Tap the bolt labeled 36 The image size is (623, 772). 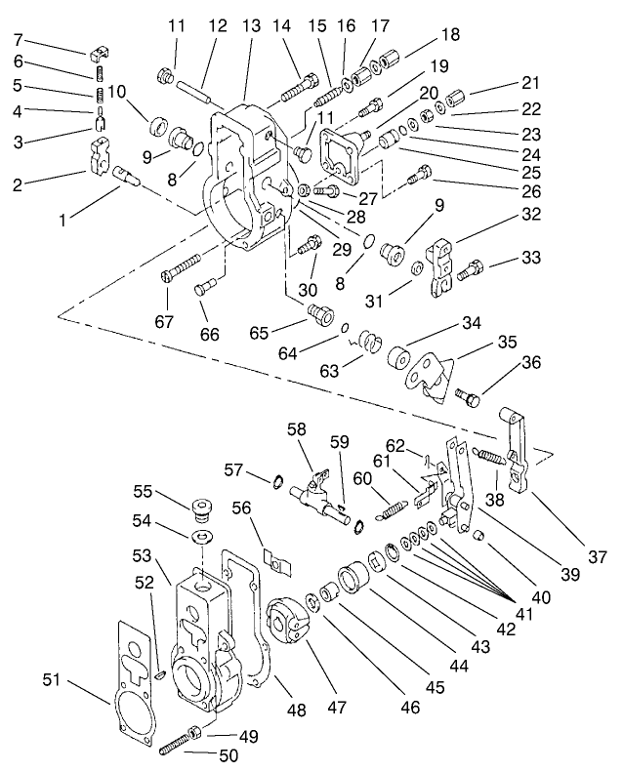tap(467, 398)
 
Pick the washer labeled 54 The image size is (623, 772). tap(203, 538)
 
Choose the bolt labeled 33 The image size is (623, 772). tap(474, 264)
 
